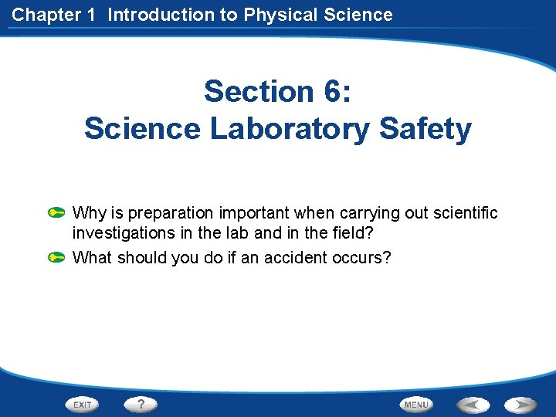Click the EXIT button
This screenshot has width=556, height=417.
point(83,404)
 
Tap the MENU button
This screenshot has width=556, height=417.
point(416,404)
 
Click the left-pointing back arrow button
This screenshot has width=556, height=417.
point(472,404)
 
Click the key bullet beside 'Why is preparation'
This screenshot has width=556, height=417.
point(56,212)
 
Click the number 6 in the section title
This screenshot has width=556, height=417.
point(331,92)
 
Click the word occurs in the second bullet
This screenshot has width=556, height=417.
point(366,257)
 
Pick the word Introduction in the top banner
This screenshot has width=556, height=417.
point(156,14)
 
